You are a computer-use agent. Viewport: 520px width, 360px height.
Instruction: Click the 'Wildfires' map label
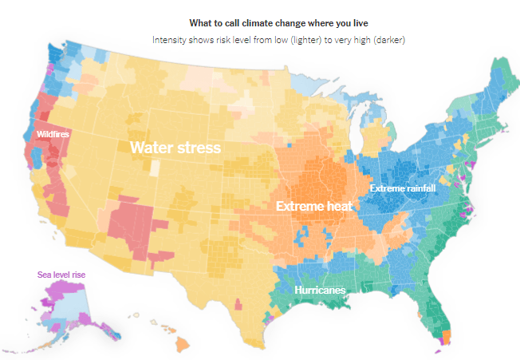(x=53, y=134)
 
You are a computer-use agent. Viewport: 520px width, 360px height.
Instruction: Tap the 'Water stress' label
(x=175, y=148)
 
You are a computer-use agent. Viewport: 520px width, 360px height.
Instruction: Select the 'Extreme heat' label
(x=314, y=206)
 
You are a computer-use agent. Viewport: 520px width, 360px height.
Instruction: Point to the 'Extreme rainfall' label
(x=403, y=188)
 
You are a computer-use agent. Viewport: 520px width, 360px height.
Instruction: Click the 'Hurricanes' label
(x=320, y=290)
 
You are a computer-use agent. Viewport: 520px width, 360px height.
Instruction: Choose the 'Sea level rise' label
(x=61, y=275)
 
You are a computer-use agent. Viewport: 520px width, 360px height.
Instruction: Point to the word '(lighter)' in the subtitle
(x=305, y=40)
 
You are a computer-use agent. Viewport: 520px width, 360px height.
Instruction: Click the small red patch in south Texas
(x=238, y=304)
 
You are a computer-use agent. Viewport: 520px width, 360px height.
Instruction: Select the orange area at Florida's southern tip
(x=447, y=337)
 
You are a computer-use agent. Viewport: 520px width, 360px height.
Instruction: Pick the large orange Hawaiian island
(x=183, y=344)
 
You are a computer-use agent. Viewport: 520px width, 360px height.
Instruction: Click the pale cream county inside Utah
(x=155, y=168)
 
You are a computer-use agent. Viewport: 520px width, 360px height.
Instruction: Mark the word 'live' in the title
(x=360, y=23)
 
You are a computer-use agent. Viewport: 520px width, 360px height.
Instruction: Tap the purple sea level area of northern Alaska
(x=61, y=287)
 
